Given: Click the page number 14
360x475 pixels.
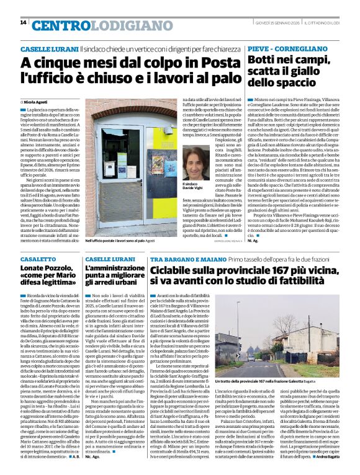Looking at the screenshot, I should [x=23, y=23].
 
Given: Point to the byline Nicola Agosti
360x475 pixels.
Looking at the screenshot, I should [x=37, y=100].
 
